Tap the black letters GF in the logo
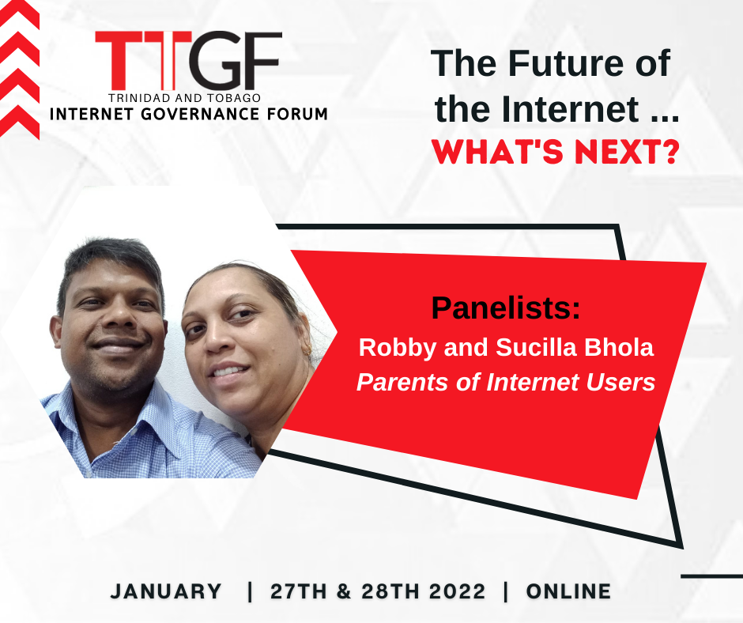pos(236,60)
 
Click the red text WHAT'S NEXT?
pos(556,152)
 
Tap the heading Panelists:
pos(506,308)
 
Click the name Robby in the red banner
pos(397,348)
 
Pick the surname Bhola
pos(619,347)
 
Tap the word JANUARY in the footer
pos(166,591)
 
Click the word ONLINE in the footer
pos(568,591)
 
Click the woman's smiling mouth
pos(229,370)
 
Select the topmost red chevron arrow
pos(19,13)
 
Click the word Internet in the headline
pos(570,109)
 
